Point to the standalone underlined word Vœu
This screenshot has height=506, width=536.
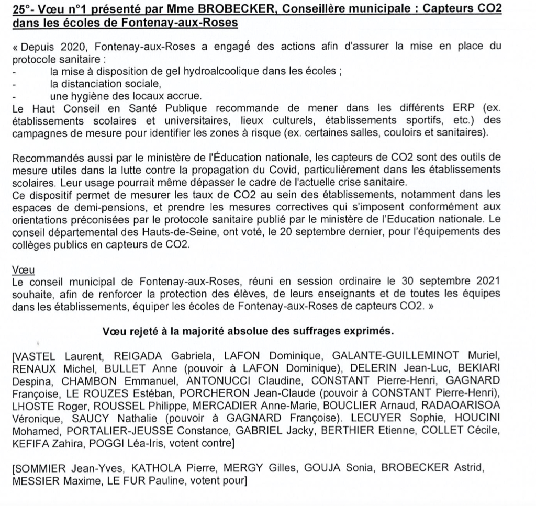[23, 270]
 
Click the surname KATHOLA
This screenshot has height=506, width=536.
[151, 468]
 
